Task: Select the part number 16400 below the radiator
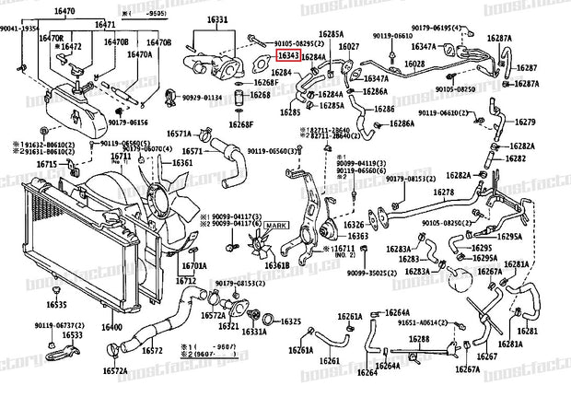point(111,326)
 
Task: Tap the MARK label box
point(276,226)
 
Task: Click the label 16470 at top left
point(62,11)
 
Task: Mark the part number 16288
point(419,339)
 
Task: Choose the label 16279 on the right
point(524,123)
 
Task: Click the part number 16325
point(290,322)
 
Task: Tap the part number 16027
point(349,46)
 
